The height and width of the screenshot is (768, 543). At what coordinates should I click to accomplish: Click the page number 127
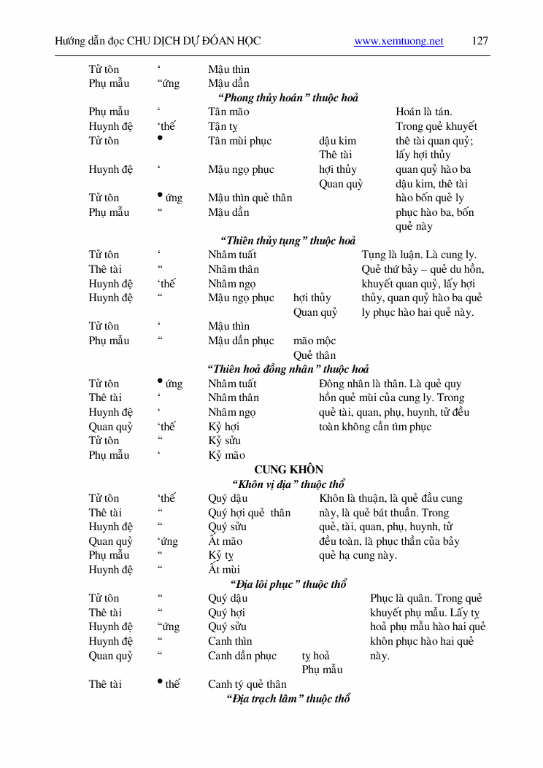(x=480, y=42)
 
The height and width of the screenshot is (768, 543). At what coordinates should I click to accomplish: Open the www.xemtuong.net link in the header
(x=398, y=42)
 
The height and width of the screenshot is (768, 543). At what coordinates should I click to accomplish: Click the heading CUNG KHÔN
(x=288, y=470)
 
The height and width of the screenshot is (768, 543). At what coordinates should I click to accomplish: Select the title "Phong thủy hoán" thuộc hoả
(x=288, y=98)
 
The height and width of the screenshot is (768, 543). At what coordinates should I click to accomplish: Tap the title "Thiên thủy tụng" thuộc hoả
(x=288, y=241)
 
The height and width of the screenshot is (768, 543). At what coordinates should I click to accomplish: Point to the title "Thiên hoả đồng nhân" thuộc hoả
(x=288, y=369)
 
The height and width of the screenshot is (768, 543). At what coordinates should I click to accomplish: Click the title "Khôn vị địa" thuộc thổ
(x=288, y=484)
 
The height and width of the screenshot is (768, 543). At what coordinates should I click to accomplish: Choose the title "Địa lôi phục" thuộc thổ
(x=288, y=584)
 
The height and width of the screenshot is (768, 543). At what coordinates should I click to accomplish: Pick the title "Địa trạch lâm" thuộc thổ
(x=288, y=699)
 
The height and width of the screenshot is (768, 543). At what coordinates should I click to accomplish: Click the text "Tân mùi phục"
(x=239, y=141)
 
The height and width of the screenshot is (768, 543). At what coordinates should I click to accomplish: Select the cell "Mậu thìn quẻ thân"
(x=250, y=198)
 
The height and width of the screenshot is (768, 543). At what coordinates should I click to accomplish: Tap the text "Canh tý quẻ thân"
(x=247, y=684)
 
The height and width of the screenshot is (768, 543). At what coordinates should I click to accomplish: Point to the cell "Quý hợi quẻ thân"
(x=249, y=513)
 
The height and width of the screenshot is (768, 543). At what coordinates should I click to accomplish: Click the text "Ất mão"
(x=225, y=541)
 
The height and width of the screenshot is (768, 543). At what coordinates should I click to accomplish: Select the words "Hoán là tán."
(x=423, y=112)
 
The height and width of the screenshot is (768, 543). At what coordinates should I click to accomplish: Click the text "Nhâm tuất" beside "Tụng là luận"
(x=232, y=255)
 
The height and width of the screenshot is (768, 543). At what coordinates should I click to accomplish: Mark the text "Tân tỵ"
(x=223, y=126)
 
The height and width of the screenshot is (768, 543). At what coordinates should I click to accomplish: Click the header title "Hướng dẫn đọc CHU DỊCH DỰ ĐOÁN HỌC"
(x=158, y=42)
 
